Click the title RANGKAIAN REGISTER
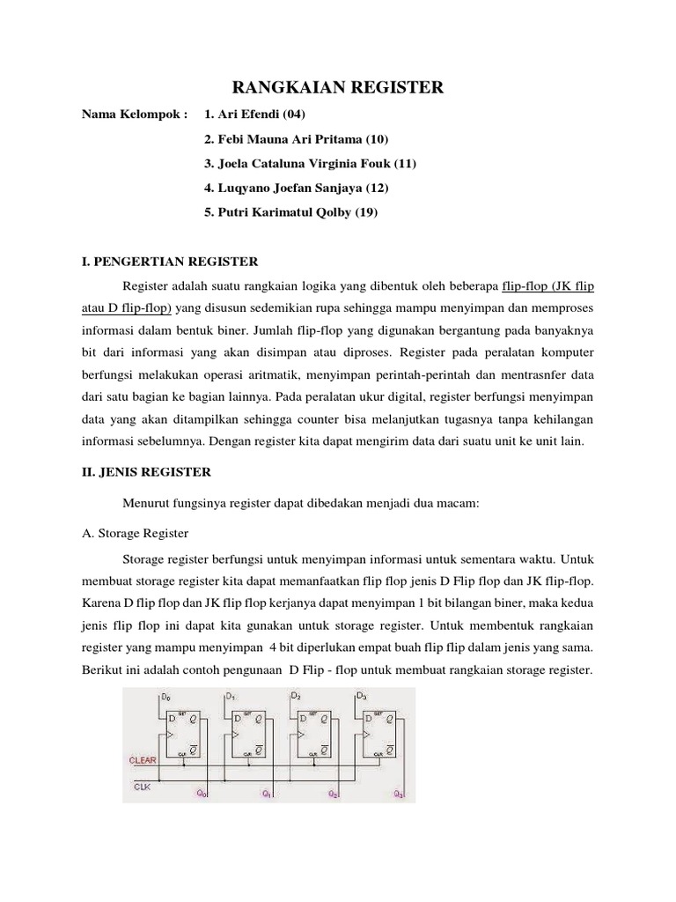pyautogui.click(x=337, y=87)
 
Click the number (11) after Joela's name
pyautogui.click(x=404, y=164)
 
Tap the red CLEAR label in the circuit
pyautogui.click(x=143, y=759)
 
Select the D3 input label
pyautogui.click(x=362, y=697)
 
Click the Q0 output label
pyautogui.click(x=202, y=793)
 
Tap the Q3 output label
pyautogui.click(x=399, y=793)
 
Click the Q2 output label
pyautogui.click(x=333, y=793)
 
